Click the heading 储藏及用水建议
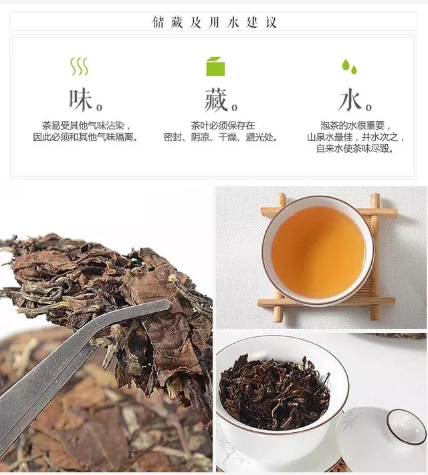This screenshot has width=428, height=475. [214, 22]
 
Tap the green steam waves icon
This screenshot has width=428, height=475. [80, 66]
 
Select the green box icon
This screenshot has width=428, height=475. [215, 66]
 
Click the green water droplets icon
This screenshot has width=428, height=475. [349, 66]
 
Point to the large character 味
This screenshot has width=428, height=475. [80, 99]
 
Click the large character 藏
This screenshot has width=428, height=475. [216, 99]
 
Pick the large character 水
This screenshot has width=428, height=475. [350, 99]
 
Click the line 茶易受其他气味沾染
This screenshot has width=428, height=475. [86, 125]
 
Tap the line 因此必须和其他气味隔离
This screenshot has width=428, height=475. [86, 137]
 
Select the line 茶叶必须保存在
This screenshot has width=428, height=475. [223, 125]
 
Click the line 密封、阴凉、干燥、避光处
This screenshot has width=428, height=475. [221, 137]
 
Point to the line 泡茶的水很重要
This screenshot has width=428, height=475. [355, 125]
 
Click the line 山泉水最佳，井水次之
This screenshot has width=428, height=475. [356, 137]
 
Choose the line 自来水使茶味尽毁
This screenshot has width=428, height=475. [355, 149]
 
